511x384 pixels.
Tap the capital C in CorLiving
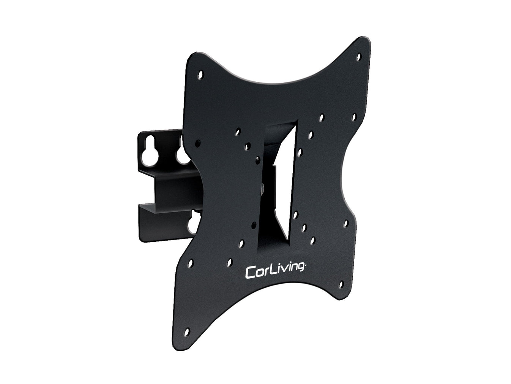[251, 273]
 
